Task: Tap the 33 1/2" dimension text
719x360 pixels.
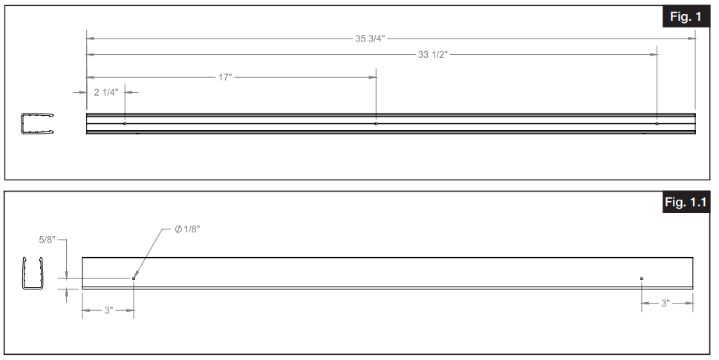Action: [434, 54]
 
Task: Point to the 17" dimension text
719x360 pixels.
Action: [225, 77]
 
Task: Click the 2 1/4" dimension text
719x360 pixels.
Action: [105, 92]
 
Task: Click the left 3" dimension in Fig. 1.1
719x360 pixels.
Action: [108, 310]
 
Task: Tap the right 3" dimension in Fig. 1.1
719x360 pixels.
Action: [666, 303]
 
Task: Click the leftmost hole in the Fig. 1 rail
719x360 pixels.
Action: [125, 123]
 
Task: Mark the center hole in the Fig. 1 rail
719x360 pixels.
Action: [376, 123]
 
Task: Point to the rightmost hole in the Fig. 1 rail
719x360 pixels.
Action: [657, 123]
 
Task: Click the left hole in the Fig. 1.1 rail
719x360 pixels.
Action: [134, 278]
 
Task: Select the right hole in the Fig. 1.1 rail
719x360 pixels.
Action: [641, 278]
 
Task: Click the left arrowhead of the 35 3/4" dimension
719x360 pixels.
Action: [90, 39]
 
